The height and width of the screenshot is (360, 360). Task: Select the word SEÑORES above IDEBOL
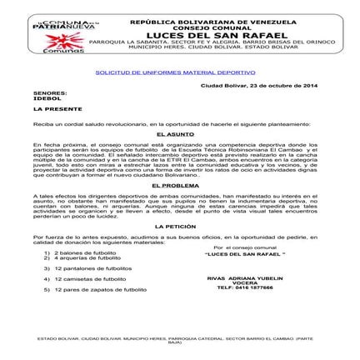pyautogui.click(x=46, y=93)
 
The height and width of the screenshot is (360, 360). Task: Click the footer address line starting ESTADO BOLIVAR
pyautogui.click(x=175, y=340)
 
